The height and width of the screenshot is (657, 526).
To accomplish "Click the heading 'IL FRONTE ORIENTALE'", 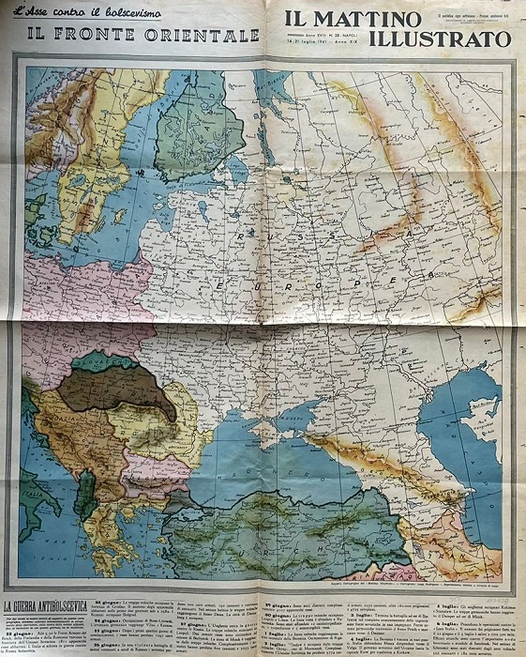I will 143,35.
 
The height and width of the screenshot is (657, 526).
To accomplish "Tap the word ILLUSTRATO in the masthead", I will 440,39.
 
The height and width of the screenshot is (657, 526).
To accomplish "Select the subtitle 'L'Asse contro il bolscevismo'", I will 93,13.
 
